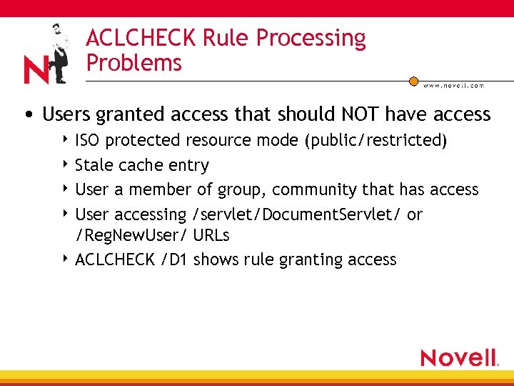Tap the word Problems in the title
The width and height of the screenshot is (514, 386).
[134, 63]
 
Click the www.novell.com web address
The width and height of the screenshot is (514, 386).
[453, 85]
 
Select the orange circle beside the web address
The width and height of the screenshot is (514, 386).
[413, 81]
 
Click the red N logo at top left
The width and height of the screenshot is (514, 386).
[36, 69]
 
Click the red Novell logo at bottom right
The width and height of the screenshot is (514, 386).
[459, 357]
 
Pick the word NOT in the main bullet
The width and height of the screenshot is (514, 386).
[362, 114]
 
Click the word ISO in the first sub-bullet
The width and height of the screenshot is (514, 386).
[87, 140]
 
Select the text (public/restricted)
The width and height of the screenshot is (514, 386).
[376, 140]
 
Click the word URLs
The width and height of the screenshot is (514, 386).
[211, 234]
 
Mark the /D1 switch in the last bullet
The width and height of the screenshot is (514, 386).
[174, 259]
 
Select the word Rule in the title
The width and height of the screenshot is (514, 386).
[219, 39]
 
